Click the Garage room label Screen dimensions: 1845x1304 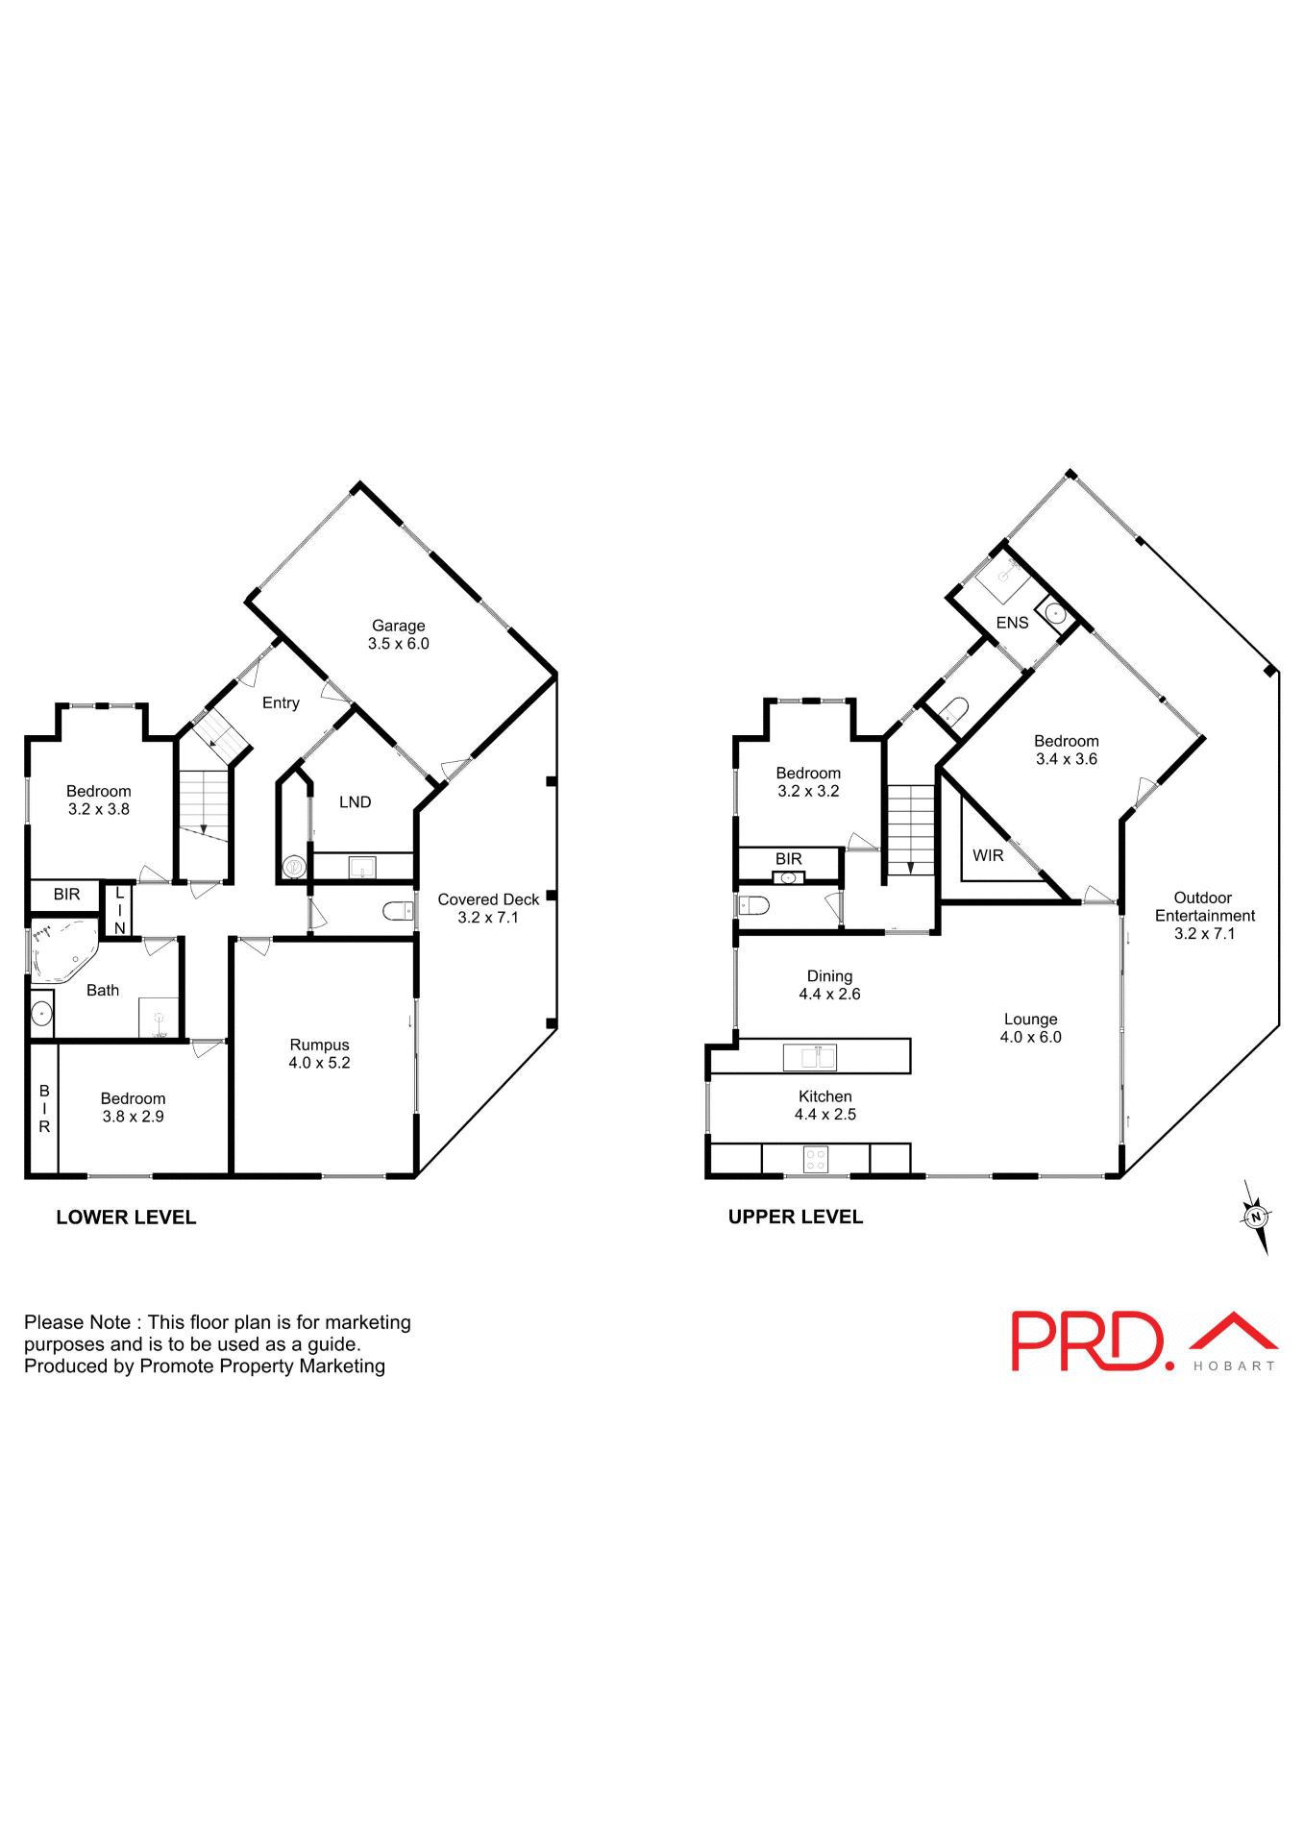(398, 634)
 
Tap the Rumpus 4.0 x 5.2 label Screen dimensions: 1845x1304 (319, 1053)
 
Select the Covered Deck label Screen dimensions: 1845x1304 (488, 907)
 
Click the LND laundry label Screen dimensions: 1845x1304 (355, 801)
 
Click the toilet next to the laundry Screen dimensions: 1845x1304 (398, 910)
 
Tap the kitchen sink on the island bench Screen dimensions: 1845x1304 (810, 1057)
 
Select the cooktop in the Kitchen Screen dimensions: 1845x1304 (815, 1159)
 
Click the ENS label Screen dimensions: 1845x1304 (1012, 623)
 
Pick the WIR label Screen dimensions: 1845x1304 (988, 855)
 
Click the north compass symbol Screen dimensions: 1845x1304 (1255, 1218)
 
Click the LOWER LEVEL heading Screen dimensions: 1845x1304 (126, 1218)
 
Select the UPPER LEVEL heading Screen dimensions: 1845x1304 (795, 1217)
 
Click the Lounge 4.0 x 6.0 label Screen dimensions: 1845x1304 (1030, 1027)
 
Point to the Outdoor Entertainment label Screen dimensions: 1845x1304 (1204, 915)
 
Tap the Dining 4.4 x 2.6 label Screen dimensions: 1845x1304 (829, 985)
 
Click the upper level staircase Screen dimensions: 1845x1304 (910, 829)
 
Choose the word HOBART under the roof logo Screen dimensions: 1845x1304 (1234, 1365)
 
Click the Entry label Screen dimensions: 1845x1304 (281, 702)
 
